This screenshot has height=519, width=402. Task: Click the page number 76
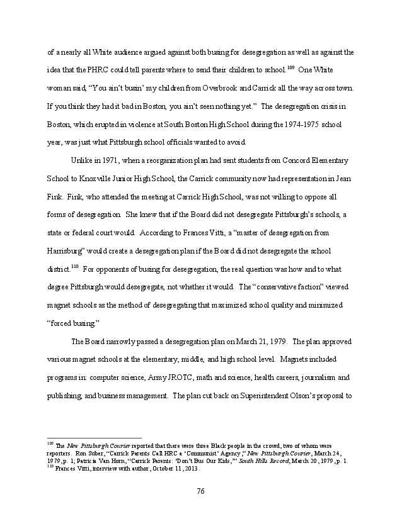(x=201, y=491)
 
